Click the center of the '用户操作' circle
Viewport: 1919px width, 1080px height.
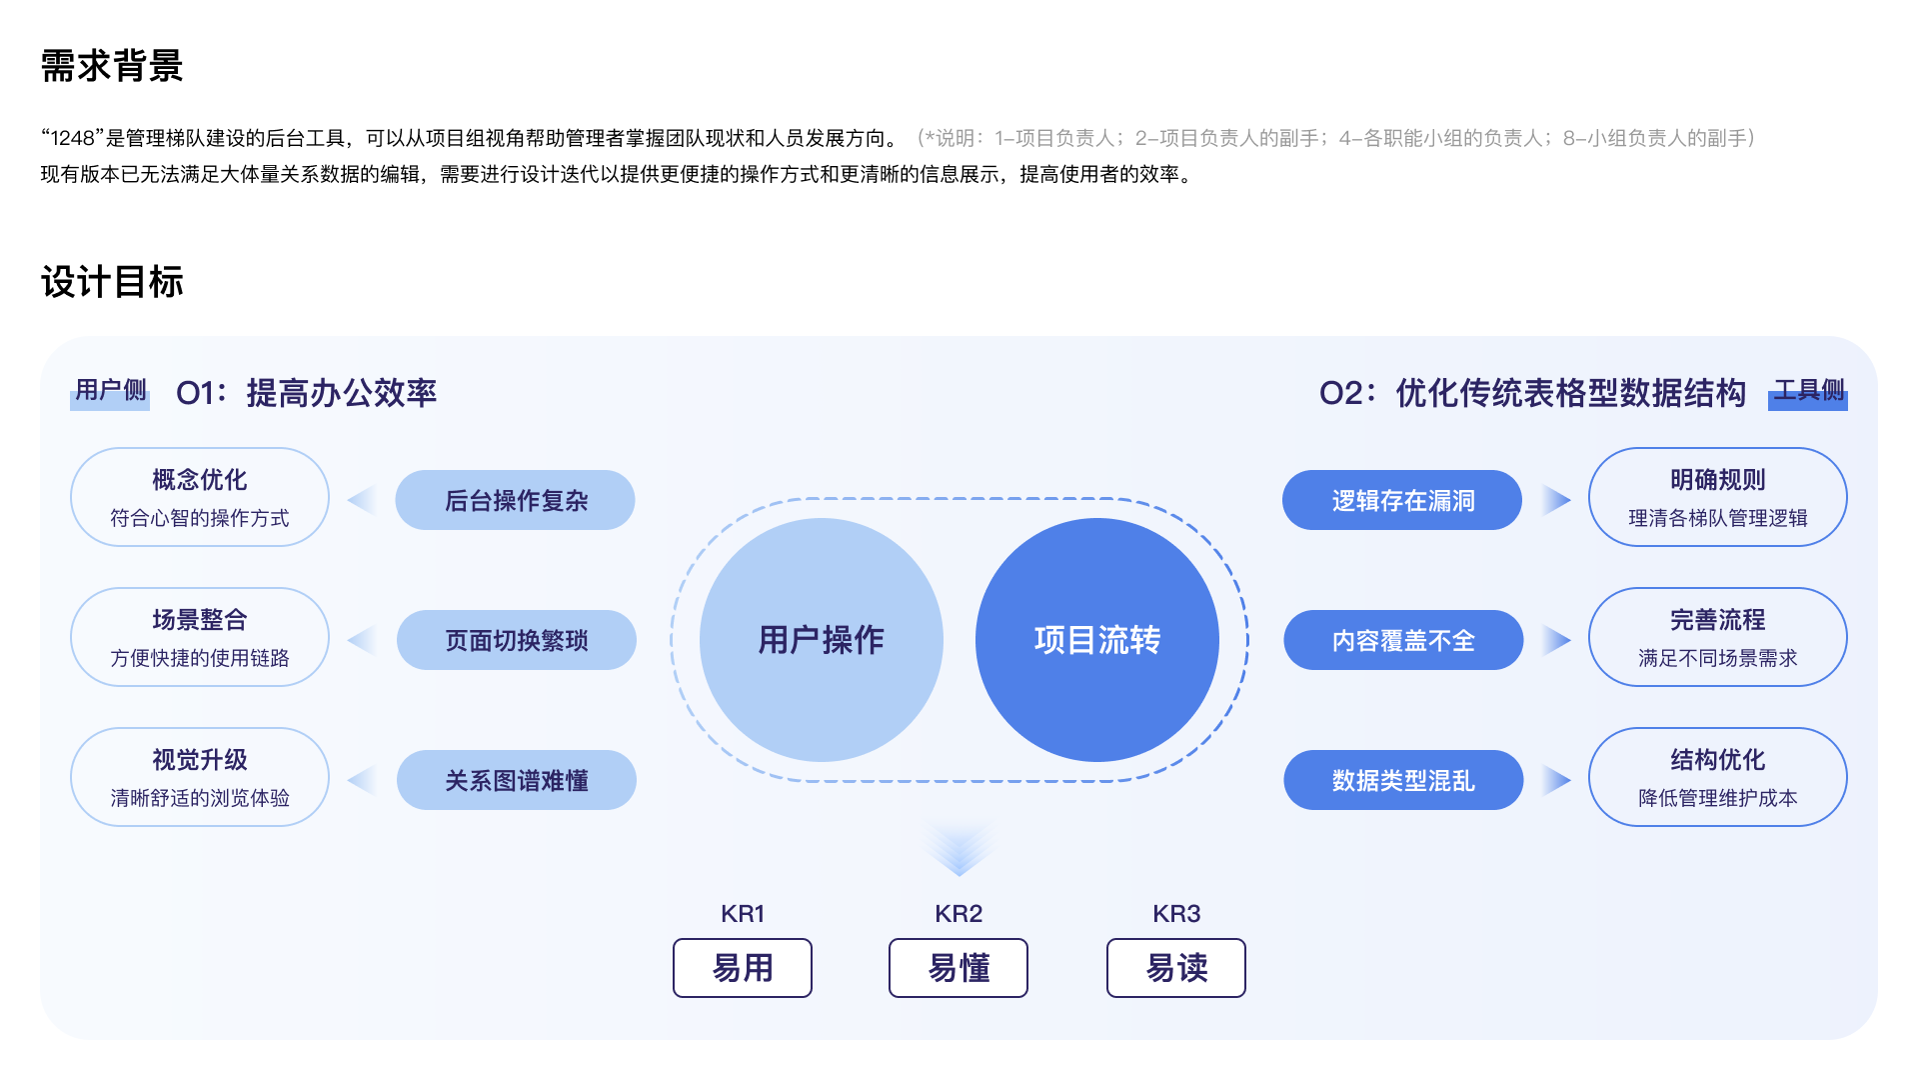pyautogui.click(x=822, y=640)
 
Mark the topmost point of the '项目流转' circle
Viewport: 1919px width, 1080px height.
pyautogui.click(x=1097, y=518)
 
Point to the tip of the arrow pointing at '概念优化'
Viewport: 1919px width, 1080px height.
pyautogui.click(x=348, y=500)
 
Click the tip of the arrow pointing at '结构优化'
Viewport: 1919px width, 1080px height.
pyautogui.click(x=1571, y=780)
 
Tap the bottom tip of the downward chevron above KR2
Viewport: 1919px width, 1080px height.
pyautogui.click(x=959, y=876)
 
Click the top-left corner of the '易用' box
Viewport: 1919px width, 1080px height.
pyautogui.click(x=674, y=939)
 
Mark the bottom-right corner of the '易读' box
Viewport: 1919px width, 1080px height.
pyautogui.click(x=1245, y=997)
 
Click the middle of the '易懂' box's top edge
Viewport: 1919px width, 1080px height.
pyautogui.click(x=959, y=939)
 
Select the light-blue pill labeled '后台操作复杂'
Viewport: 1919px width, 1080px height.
pyautogui.click(x=516, y=500)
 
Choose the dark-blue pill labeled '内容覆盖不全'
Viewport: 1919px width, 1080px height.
pyautogui.click(x=1403, y=640)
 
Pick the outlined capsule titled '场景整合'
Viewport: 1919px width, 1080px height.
pyautogui.click(x=200, y=637)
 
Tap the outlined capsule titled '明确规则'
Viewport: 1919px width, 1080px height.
pyautogui.click(x=1718, y=497)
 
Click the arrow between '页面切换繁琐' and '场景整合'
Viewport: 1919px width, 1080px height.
pyautogui.click(x=362, y=640)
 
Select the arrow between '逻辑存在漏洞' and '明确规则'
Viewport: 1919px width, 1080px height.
pyautogui.click(x=1557, y=500)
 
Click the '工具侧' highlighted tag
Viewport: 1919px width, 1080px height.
pyautogui.click(x=1808, y=392)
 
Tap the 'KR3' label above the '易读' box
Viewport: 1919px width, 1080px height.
pyautogui.click(x=1176, y=914)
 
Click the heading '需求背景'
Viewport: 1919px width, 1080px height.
pyautogui.click(x=112, y=66)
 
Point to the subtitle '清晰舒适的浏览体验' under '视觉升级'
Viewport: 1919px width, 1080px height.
pyautogui.click(x=200, y=798)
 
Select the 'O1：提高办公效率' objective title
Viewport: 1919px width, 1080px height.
pyautogui.click(x=307, y=393)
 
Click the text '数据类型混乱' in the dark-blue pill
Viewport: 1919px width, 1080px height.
pyautogui.click(x=1403, y=781)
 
